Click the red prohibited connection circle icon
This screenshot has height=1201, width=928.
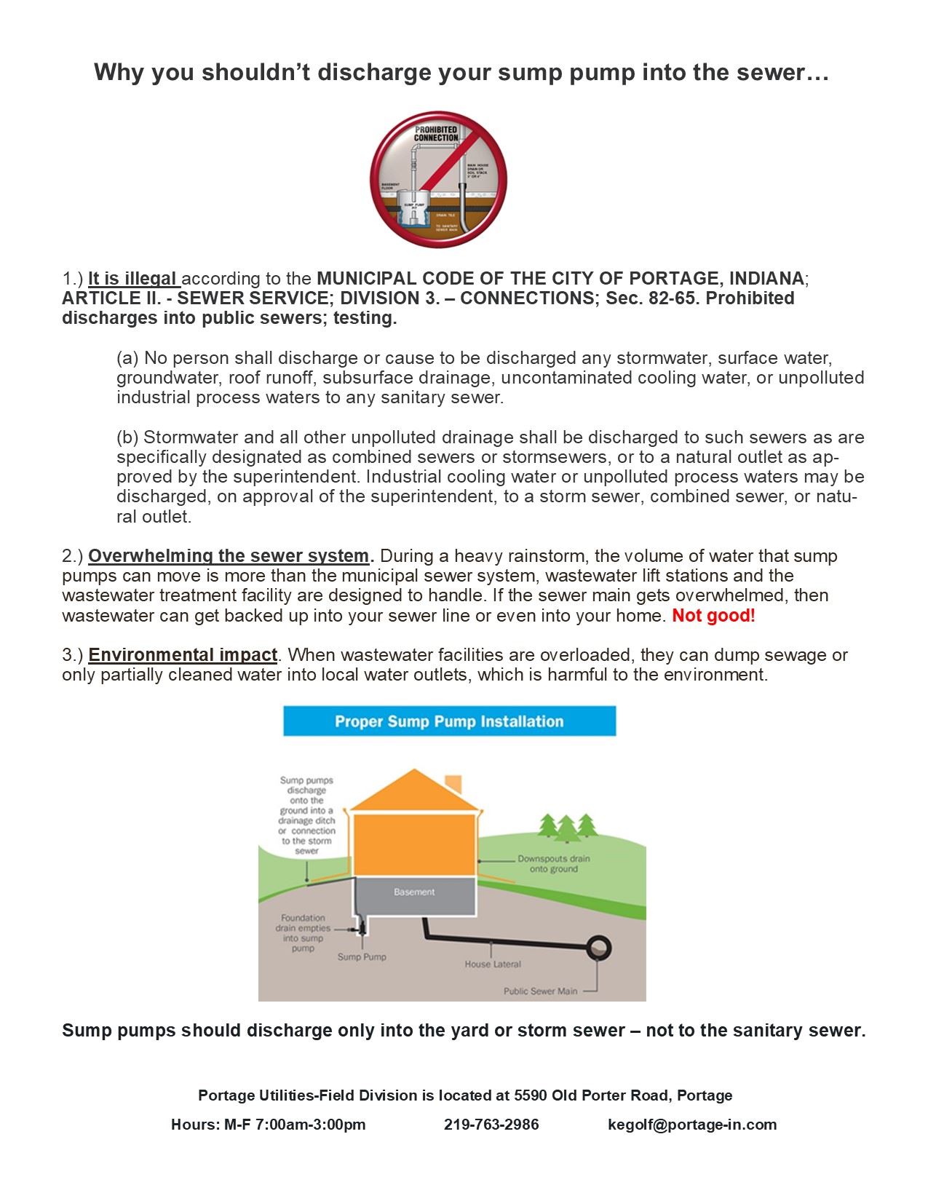tap(438, 179)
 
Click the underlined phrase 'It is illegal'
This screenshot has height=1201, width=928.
tap(132, 279)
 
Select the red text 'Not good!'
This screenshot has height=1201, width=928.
tap(713, 616)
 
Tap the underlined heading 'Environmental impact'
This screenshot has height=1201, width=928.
tap(183, 655)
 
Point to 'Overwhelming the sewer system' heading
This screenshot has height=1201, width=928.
tap(229, 556)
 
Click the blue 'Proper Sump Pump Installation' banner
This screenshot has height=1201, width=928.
tap(449, 721)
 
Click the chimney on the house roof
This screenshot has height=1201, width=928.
tap(453, 784)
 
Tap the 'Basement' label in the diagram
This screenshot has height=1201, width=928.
tap(414, 892)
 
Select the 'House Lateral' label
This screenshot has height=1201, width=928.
tap(493, 964)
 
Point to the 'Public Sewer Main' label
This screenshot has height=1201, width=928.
tap(540, 991)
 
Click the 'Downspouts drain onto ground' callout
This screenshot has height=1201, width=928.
tap(553, 864)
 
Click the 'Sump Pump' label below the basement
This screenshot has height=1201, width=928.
tap(362, 956)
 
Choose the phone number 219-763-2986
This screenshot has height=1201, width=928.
tap(491, 1125)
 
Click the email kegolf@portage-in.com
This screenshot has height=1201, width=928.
tap(692, 1125)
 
